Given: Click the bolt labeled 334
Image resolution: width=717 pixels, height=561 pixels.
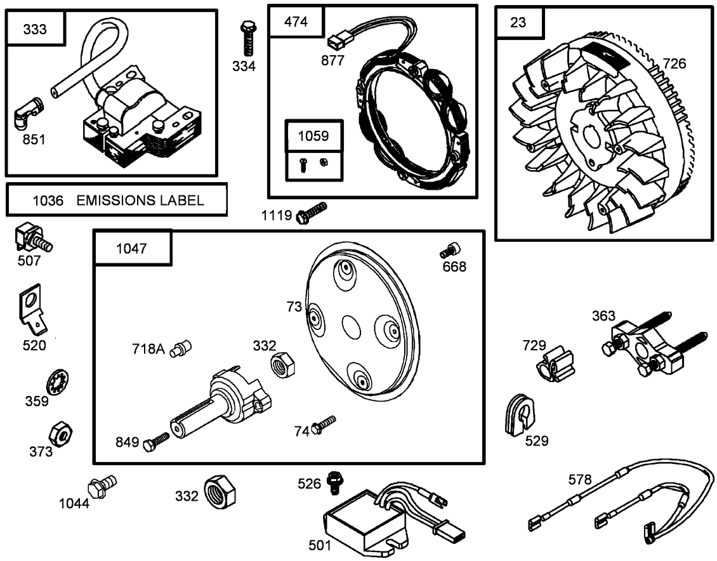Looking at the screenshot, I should coord(247,39).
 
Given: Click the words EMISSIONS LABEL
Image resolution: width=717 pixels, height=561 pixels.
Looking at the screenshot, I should coord(140,201).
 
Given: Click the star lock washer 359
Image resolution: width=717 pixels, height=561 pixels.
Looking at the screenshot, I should coord(57,383).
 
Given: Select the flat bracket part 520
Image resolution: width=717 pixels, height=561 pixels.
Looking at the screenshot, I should coord(32,310).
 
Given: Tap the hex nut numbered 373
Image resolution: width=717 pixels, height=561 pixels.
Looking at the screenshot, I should coord(62,434).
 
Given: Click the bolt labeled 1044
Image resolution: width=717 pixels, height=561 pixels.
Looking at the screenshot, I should coord(102,487).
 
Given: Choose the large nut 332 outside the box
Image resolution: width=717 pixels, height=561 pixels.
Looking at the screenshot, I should coord(220,491).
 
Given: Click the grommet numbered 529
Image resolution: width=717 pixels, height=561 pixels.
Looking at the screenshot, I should coord(520,415).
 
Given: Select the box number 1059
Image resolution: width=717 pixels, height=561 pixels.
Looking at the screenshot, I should coord(314,135).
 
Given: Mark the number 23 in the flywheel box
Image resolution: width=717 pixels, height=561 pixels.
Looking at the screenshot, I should coord(518,22).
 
